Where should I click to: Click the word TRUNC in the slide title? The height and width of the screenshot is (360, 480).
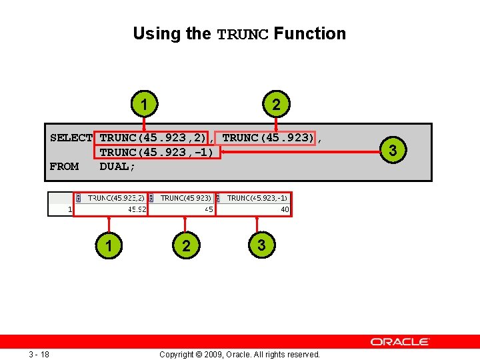(x=243, y=34)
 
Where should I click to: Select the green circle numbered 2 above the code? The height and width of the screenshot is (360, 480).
(x=276, y=105)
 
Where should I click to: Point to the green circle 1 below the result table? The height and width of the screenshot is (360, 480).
(x=108, y=246)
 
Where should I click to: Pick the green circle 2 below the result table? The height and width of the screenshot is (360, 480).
(x=186, y=246)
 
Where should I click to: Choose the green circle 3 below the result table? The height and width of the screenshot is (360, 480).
(x=261, y=245)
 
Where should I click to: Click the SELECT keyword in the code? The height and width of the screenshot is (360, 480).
(x=71, y=138)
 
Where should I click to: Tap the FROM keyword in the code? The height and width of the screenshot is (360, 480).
(x=64, y=166)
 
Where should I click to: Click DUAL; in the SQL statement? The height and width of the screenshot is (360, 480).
(x=117, y=166)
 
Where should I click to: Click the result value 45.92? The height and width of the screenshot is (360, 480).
(x=137, y=209)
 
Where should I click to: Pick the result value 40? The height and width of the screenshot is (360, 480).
(x=285, y=209)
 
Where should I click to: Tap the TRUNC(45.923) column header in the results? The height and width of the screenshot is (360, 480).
(x=186, y=198)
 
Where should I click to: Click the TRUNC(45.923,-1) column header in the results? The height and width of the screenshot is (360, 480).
(x=257, y=198)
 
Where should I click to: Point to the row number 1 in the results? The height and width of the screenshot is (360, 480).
(x=70, y=209)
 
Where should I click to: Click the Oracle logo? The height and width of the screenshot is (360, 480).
(x=400, y=341)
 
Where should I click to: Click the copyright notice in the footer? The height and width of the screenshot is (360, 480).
(x=239, y=354)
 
